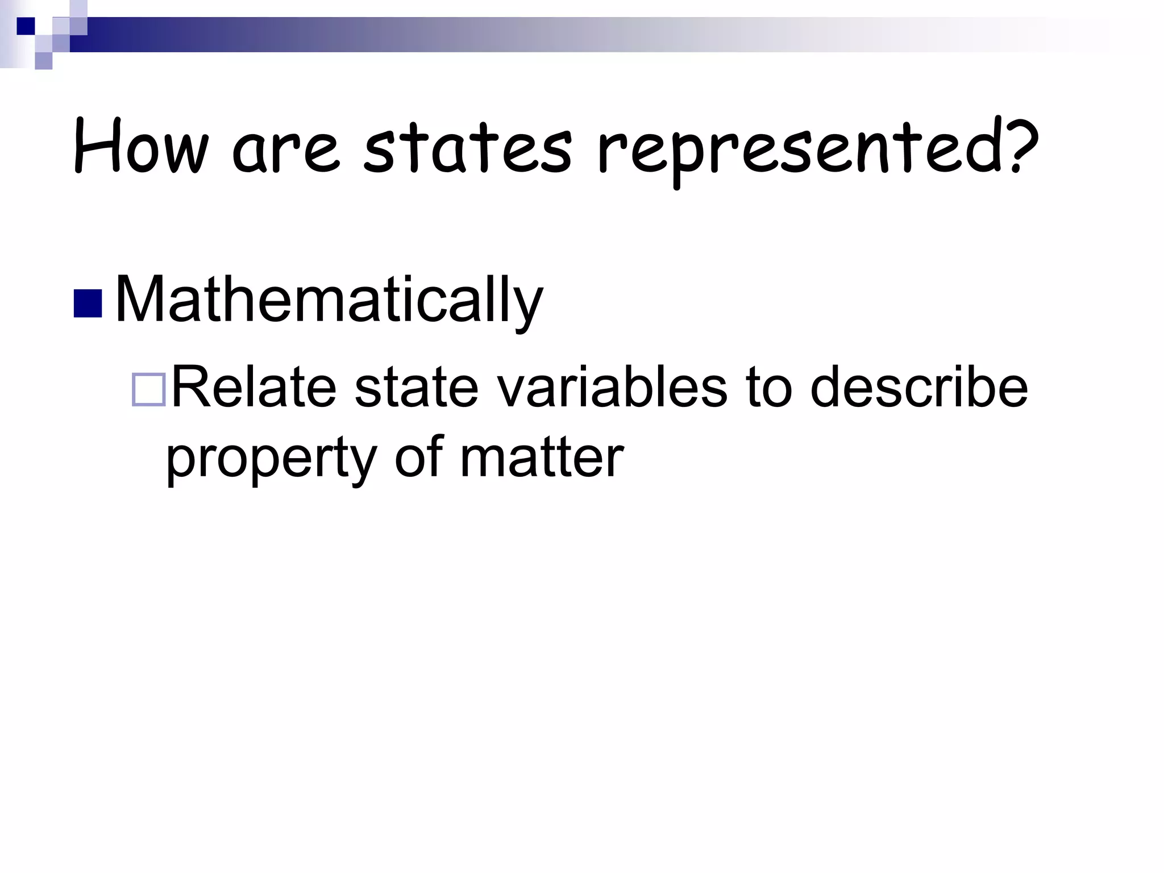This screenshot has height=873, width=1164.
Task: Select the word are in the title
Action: tap(286, 150)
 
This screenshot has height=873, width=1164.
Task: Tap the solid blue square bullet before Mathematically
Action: tap(88, 304)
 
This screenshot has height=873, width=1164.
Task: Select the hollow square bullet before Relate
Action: tap(148, 390)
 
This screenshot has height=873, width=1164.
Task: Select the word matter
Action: tap(542, 457)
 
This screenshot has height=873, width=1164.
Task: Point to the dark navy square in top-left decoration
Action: tap(26, 26)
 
